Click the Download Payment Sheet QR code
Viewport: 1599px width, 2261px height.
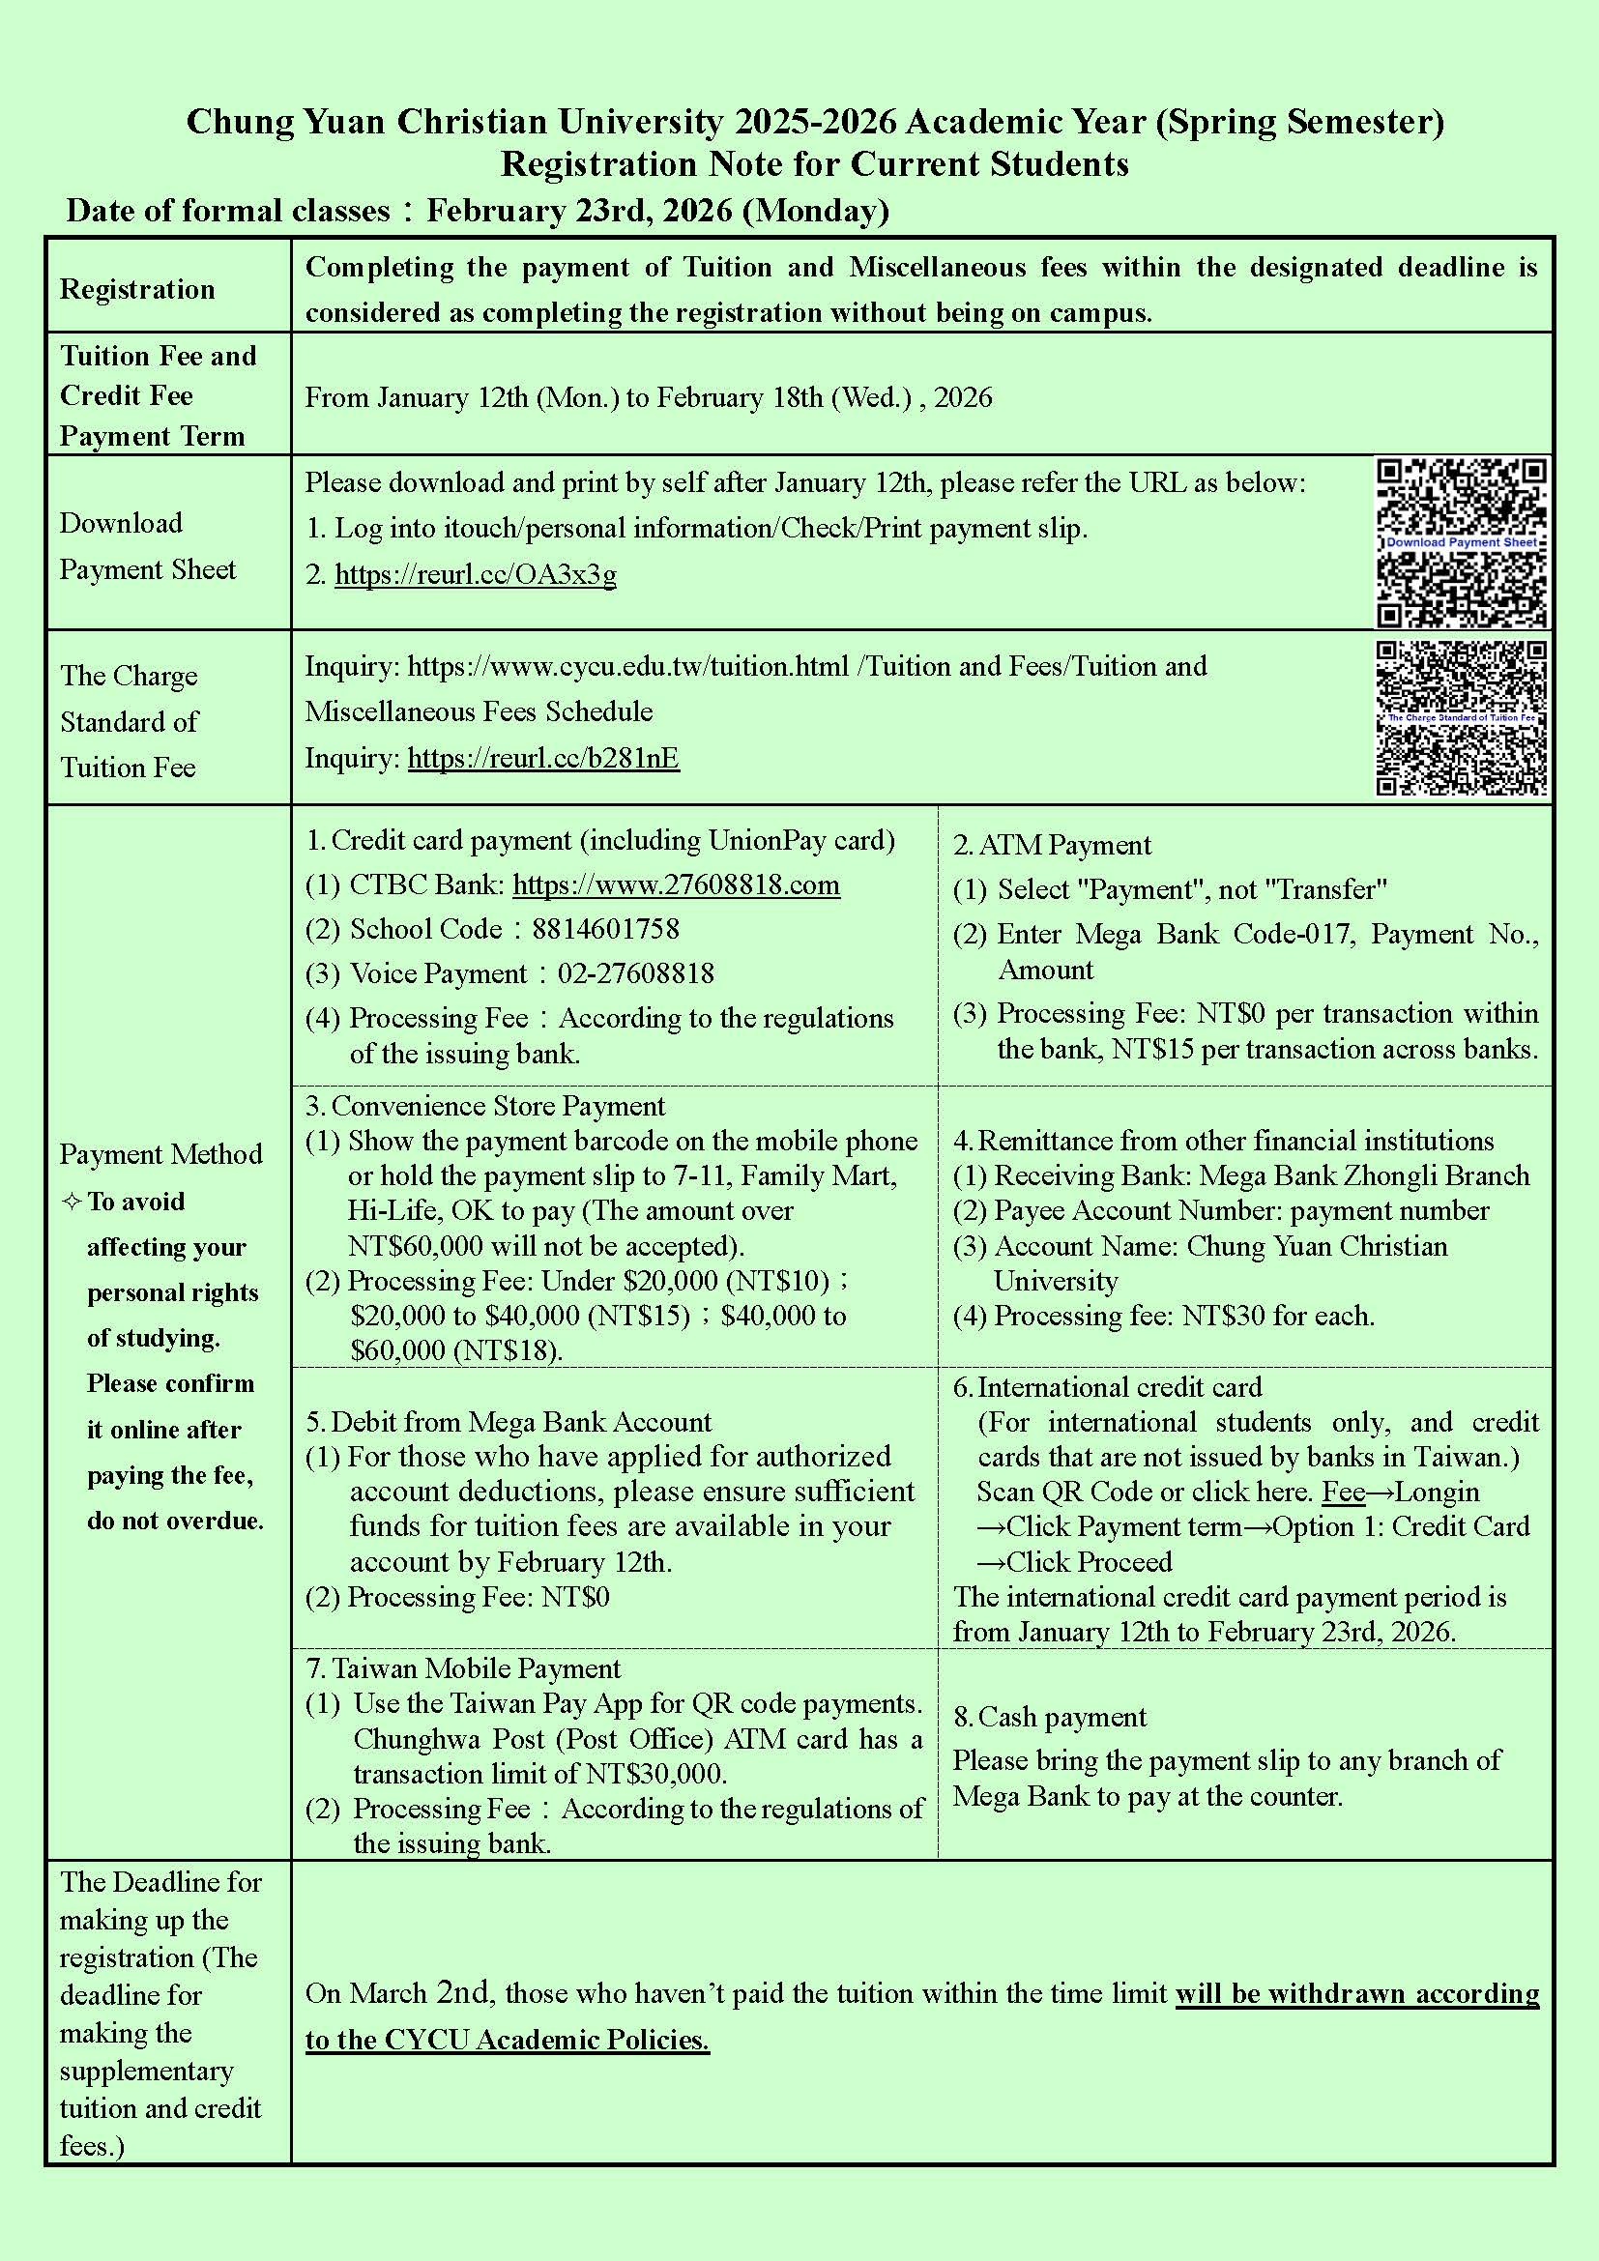pyautogui.click(x=1461, y=541)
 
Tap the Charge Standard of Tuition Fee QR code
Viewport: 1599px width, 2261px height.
pyautogui.click(x=1461, y=718)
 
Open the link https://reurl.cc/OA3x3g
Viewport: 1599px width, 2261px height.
pyautogui.click(x=476, y=574)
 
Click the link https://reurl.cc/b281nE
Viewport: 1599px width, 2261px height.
pyautogui.click(x=542, y=757)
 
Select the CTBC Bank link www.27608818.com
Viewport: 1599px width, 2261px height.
pyautogui.click(x=676, y=884)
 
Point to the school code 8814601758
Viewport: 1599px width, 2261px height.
pyautogui.click(x=604, y=929)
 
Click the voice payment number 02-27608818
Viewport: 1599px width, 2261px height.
pyautogui.click(x=636, y=973)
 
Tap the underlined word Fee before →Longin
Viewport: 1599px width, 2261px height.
pyautogui.click(x=1343, y=1491)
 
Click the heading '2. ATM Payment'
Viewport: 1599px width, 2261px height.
pyautogui.click(x=1052, y=845)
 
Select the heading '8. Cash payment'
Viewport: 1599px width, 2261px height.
pyautogui.click(x=1050, y=1717)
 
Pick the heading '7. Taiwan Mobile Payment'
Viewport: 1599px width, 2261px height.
pyautogui.click(x=463, y=1668)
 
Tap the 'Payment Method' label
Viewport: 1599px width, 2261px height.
pyautogui.click(x=160, y=1153)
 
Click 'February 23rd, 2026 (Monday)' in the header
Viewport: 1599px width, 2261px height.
pyautogui.click(x=656, y=211)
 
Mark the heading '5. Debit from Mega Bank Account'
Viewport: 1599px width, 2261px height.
pyautogui.click(x=509, y=1421)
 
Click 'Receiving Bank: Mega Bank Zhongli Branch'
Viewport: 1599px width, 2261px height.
pyautogui.click(x=1262, y=1174)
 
